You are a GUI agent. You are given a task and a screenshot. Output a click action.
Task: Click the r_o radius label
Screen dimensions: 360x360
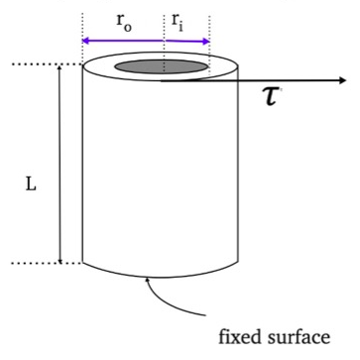click(124, 21)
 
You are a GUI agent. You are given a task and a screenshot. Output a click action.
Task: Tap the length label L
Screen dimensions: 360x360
click(30, 183)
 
